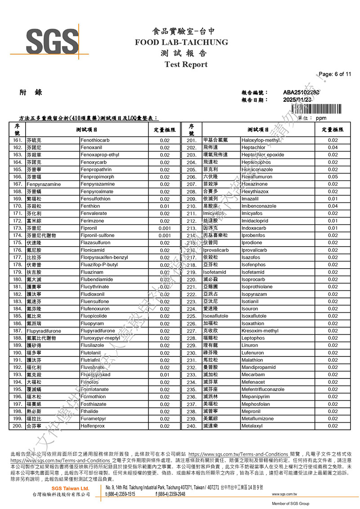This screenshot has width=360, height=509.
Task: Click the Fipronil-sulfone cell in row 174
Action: [97, 235]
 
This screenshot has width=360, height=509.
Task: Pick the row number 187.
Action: [18, 331]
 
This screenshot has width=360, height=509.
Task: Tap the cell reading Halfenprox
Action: [93, 426]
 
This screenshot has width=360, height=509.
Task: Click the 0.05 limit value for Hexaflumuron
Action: [333, 177]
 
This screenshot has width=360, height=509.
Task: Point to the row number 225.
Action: [191, 316]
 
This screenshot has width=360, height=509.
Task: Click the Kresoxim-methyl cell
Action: [260, 331]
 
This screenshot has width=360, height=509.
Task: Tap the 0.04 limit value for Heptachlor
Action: [333, 148]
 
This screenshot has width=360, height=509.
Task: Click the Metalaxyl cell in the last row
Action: [252, 426]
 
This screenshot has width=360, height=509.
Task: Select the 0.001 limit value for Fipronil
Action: [165, 228]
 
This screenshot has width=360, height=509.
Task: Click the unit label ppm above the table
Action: [321, 118]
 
